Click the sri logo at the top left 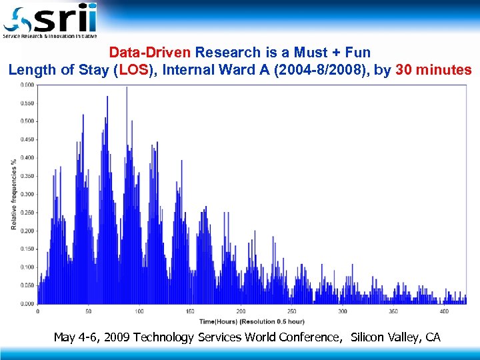pos(50,20)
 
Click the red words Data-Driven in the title pos(150,52)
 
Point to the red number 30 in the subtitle pos(403,69)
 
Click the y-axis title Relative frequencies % pos(13,194)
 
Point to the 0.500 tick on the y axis pos(27,121)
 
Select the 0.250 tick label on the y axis pos(27,213)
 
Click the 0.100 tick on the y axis pos(27,267)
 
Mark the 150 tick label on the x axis pos(190,311)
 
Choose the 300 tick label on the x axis pos(343,311)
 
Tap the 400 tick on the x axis pos(445,311)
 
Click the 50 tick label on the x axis pos(88,311)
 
